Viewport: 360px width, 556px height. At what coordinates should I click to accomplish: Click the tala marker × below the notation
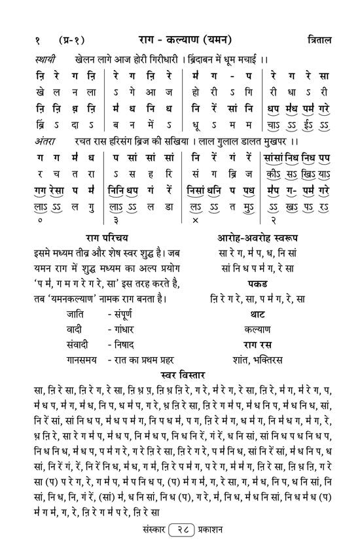pos(195,221)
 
